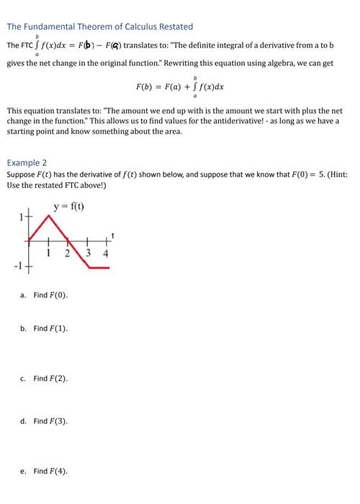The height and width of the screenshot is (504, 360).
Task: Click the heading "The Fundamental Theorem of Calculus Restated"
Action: [x=100, y=27]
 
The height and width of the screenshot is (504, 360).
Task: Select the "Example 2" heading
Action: [x=27, y=163]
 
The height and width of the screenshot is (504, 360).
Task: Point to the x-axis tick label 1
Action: [x=49, y=253]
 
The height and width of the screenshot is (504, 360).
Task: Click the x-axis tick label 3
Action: [x=89, y=253]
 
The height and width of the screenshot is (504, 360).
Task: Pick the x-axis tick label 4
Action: [x=105, y=253]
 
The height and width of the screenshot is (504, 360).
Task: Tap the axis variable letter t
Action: [x=113, y=234]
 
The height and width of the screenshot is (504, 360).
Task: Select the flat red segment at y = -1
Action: [x=99, y=267]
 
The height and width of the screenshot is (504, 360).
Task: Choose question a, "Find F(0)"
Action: [x=50, y=296]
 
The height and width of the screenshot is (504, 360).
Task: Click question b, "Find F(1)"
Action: [x=50, y=328]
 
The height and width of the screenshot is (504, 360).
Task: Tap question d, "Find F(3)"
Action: [x=50, y=421]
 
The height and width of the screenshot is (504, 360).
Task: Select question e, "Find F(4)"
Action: [x=50, y=471]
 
